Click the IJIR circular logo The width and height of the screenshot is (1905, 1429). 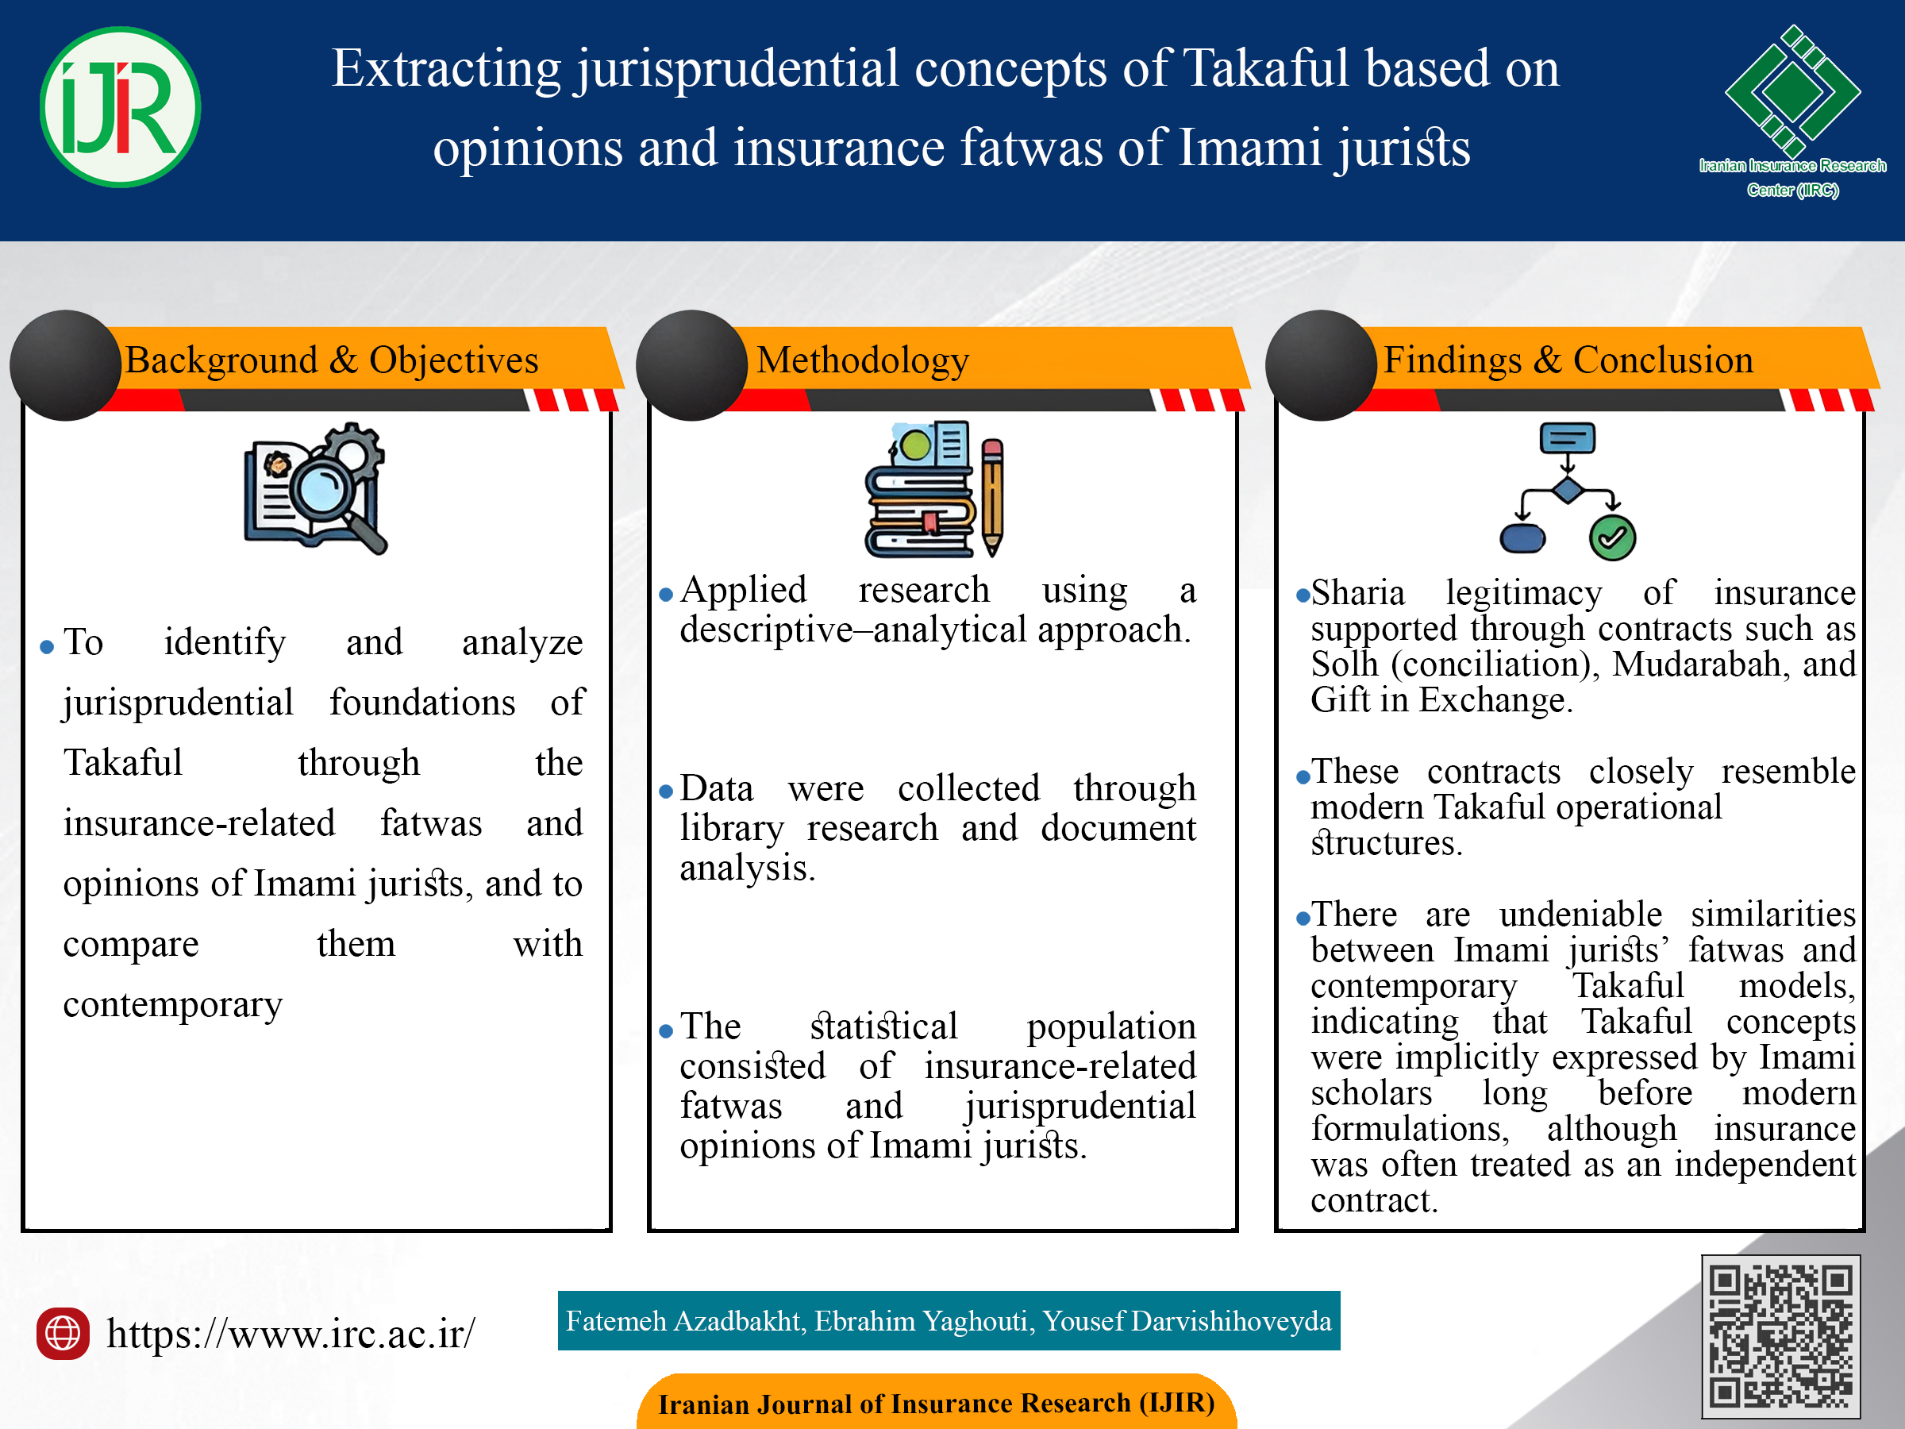[121, 107]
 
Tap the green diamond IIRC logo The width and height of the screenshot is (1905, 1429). [1792, 91]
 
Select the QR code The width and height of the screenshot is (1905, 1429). [1780, 1336]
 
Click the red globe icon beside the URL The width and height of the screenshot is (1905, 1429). [63, 1334]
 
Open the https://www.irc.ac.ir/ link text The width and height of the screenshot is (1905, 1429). [291, 1334]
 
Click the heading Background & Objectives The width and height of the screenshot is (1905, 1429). [332, 360]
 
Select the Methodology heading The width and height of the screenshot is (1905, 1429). [862, 360]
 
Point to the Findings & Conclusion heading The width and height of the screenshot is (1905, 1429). [1568, 360]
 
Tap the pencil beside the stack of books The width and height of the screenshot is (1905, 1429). [992, 497]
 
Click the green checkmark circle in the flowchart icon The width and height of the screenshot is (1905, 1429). [1612, 538]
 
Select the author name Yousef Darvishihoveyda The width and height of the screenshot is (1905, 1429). [1187, 1320]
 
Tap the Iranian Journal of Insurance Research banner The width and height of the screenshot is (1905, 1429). [936, 1401]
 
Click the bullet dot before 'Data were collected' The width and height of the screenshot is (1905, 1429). [665, 792]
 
